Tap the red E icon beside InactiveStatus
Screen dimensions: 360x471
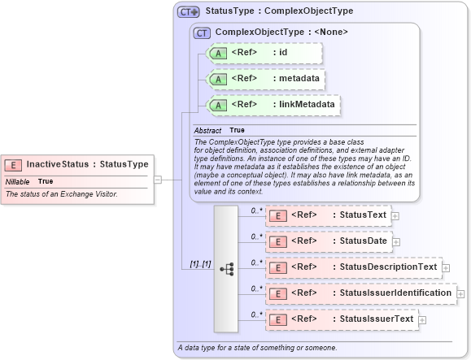click(x=14, y=164)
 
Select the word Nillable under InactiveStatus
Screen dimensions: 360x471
click(x=17, y=181)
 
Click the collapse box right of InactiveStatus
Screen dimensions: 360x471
click(x=158, y=180)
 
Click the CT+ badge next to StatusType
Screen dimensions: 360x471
click(x=189, y=11)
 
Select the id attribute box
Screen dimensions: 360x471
click(x=265, y=54)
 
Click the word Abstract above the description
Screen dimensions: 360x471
click(x=208, y=130)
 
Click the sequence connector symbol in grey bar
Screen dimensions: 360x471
click(x=227, y=267)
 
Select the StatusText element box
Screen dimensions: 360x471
click(x=329, y=215)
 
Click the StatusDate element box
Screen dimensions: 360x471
click(x=329, y=241)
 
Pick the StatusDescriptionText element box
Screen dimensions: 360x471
click(x=354, y=267)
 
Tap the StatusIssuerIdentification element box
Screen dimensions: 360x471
click(x=361, y=293)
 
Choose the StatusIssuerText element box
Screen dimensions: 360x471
click(x=342, y=319)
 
